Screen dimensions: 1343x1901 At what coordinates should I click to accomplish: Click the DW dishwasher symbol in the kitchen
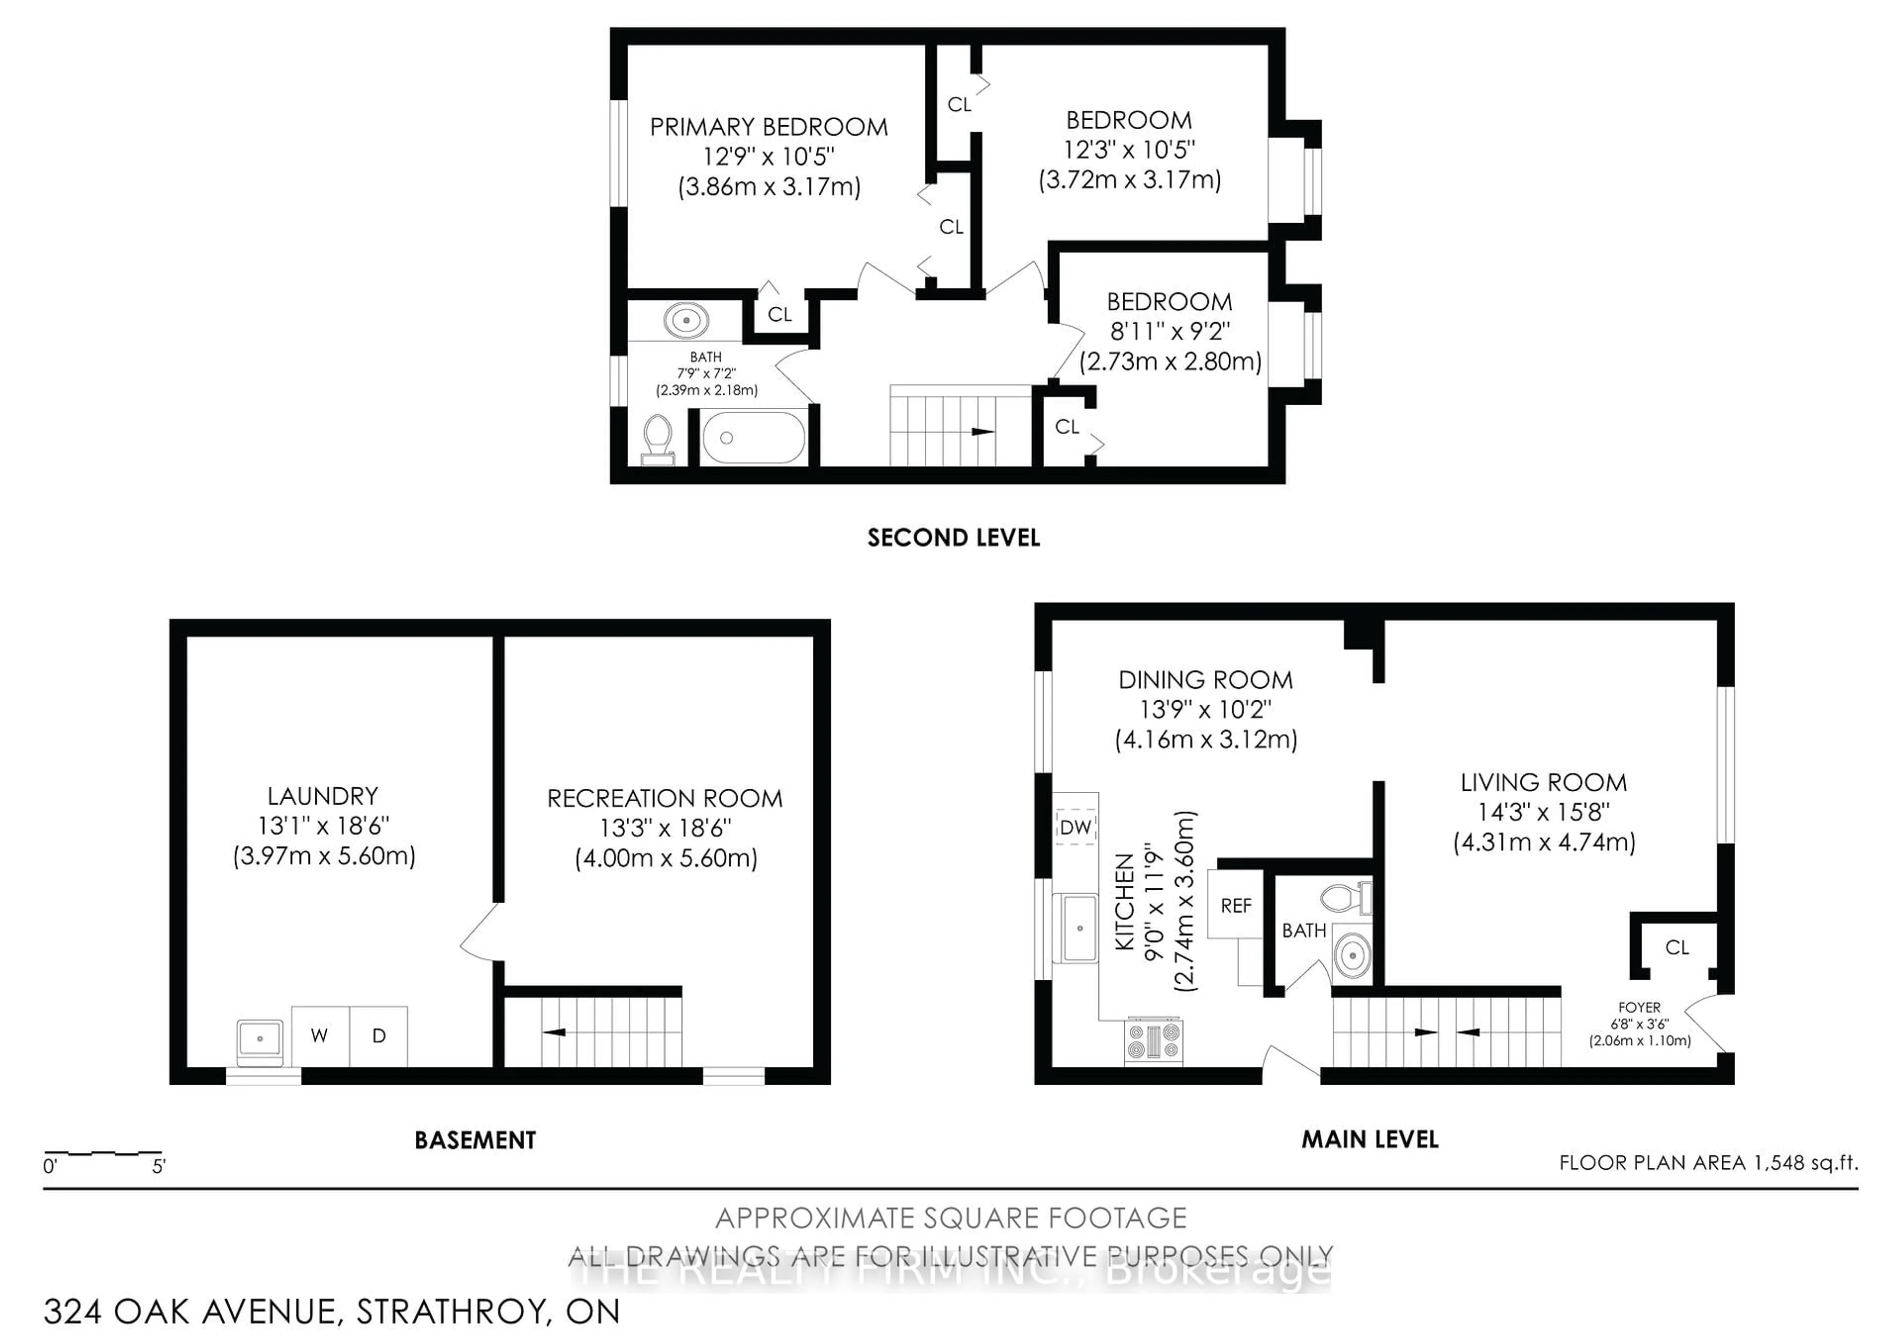click(x=1076, y=827)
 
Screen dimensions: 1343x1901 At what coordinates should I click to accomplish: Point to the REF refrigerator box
click(x=1235, y=906)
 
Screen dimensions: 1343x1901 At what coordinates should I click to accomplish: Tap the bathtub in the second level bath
click(x=753, y=438)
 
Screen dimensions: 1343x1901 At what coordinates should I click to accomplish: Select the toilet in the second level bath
click(x=658, y=438)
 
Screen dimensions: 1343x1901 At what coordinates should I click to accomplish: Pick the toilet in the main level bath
click(x=1346, y=898)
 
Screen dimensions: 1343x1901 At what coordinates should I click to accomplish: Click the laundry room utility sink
click(x=260, y=1040)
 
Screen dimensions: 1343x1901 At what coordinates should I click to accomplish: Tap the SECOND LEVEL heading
click(x=953, y=538)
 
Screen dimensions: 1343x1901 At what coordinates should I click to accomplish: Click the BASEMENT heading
click(x=475, y=1140)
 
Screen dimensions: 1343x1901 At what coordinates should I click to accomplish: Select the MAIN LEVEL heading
click(x=1369, y=1140)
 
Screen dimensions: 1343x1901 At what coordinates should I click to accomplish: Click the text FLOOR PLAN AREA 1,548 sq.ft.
click(x=1708, y=1162)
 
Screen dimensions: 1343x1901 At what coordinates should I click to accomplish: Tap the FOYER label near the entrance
click(x=1639, y=1007)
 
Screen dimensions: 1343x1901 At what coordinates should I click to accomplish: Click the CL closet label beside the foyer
click(x=1677, y=948)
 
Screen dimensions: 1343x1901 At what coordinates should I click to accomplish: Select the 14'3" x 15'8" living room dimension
click(x=1543, y=812)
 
